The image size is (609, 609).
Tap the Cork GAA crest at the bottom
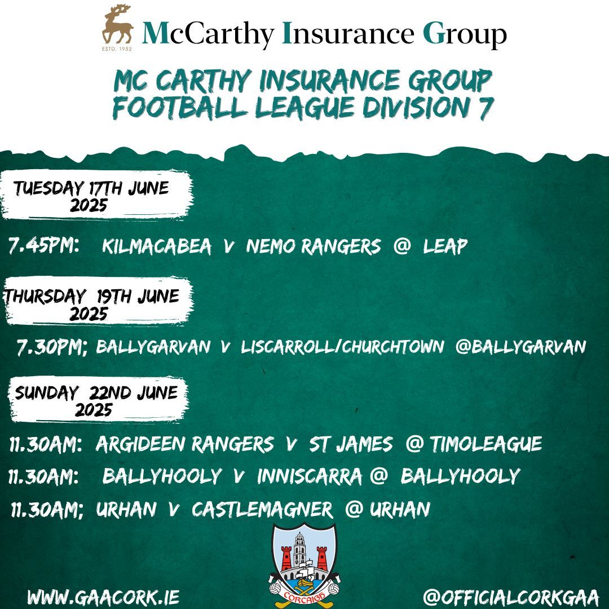pos(304,561)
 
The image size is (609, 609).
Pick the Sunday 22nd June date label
pos(96,400)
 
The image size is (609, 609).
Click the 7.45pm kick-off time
pos(43,246)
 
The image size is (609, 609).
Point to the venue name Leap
pos(445,246)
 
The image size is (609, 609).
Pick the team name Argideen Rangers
pos(184,444)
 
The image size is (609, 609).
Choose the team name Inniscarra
pos(309,476)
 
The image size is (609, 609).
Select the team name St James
pos(350,444)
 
